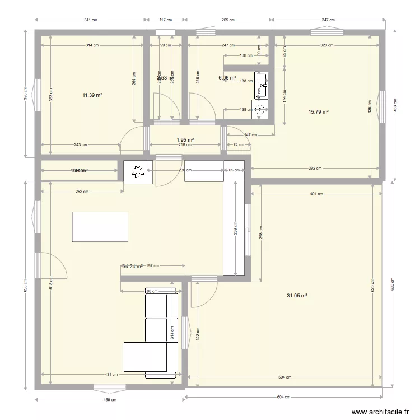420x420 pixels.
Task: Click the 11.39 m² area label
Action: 92,95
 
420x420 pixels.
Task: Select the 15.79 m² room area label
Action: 318,112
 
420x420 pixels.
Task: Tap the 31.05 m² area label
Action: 296,296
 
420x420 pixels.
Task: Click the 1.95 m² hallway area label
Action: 185,140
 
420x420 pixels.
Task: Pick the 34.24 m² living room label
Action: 132,267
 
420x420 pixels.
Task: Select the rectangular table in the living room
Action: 100,226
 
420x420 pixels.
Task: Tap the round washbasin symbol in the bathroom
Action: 259,110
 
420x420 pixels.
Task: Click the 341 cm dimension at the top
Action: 90,20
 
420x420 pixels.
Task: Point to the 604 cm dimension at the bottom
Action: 284,397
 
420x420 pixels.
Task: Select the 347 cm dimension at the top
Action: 329,20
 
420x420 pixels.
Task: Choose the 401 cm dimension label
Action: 316,194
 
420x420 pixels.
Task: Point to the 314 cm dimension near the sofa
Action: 172,333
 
